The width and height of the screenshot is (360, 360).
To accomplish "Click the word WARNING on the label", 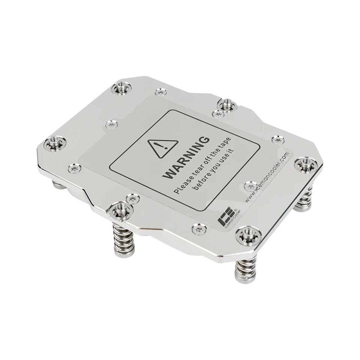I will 187,157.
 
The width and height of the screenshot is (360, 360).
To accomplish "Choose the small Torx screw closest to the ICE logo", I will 198,228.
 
